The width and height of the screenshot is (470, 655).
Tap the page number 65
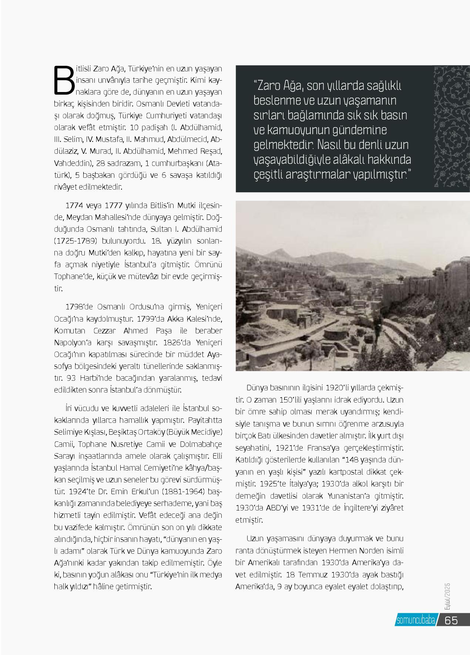tap(451, 620)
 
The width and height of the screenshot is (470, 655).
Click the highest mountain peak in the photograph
tap(281, 251)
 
